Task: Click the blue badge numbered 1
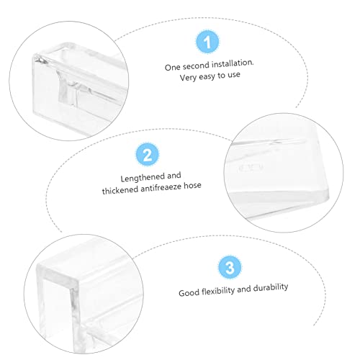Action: point(207,42)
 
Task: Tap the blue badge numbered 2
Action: point(147,154)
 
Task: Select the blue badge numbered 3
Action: point(230,267)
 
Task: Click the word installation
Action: point(233,63)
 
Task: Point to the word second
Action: point(196,66)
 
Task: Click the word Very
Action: point(188,78)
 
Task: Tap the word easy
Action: point(207,77)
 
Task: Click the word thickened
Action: point(120,190)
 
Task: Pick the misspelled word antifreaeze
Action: point(161,188)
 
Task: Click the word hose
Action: point(192,186)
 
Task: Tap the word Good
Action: point(189,293)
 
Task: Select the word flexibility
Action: point(218,291)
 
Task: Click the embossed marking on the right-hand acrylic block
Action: point(251,168)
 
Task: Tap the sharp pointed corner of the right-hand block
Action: point(328,197)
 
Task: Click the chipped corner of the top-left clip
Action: point(41,60)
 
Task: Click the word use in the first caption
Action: point(234,75)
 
